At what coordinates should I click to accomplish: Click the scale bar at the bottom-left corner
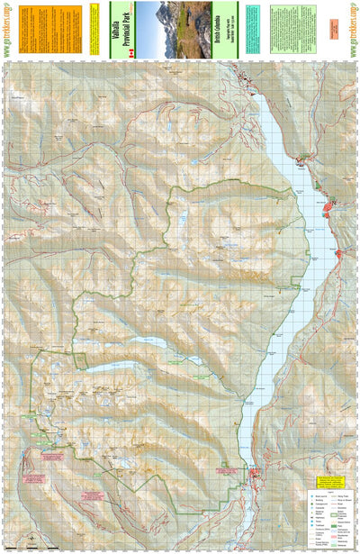(32, 547)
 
